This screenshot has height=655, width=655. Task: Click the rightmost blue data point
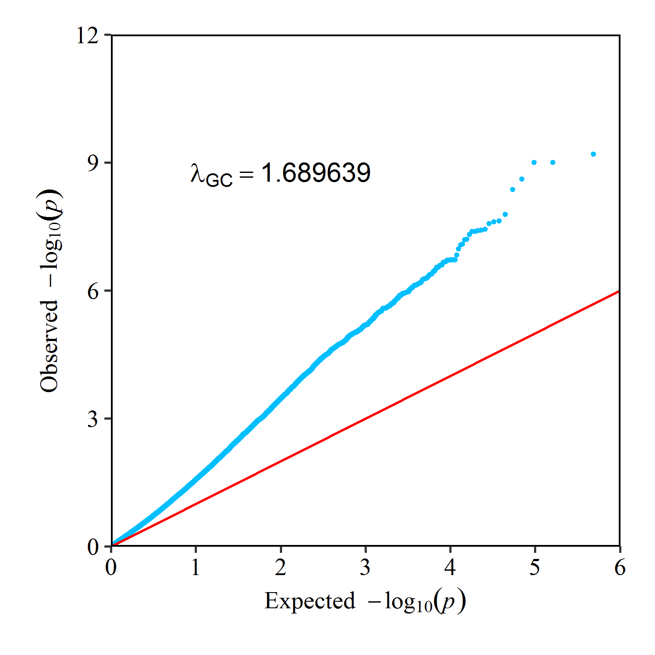click(x=593, y=154)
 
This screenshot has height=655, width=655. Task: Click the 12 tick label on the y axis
click(x=87, y=36)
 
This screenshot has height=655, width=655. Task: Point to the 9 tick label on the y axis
click(x=93, y=163)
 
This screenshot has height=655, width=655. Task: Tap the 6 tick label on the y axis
click(x=93, y=291)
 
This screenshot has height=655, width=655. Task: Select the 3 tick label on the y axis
click(x=93, y=419)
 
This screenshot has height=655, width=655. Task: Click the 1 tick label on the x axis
click(x=196, y=567)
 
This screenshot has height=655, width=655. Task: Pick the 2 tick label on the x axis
click(x=280, y=567)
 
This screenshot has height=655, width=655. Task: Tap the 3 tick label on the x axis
click(x=365, y=567)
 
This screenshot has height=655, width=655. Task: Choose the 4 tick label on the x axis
click(x=450, y=567)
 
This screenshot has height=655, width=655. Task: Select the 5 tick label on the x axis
click(x=534, y=567)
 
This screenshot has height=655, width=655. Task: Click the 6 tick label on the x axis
click(x=620, y=567)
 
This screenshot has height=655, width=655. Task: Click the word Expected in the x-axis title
click(x=310, y=601)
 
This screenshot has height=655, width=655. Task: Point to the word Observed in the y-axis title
click(x=49, y=346)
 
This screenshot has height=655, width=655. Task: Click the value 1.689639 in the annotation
click(x=316, y=173)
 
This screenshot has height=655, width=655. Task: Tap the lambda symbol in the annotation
click(x=197, y=173)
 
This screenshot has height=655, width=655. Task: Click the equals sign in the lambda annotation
click(x=247, y=175)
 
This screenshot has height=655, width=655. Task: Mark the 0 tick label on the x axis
click(x=111, y=567)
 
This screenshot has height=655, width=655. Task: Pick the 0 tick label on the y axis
click(x=93, y=547)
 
